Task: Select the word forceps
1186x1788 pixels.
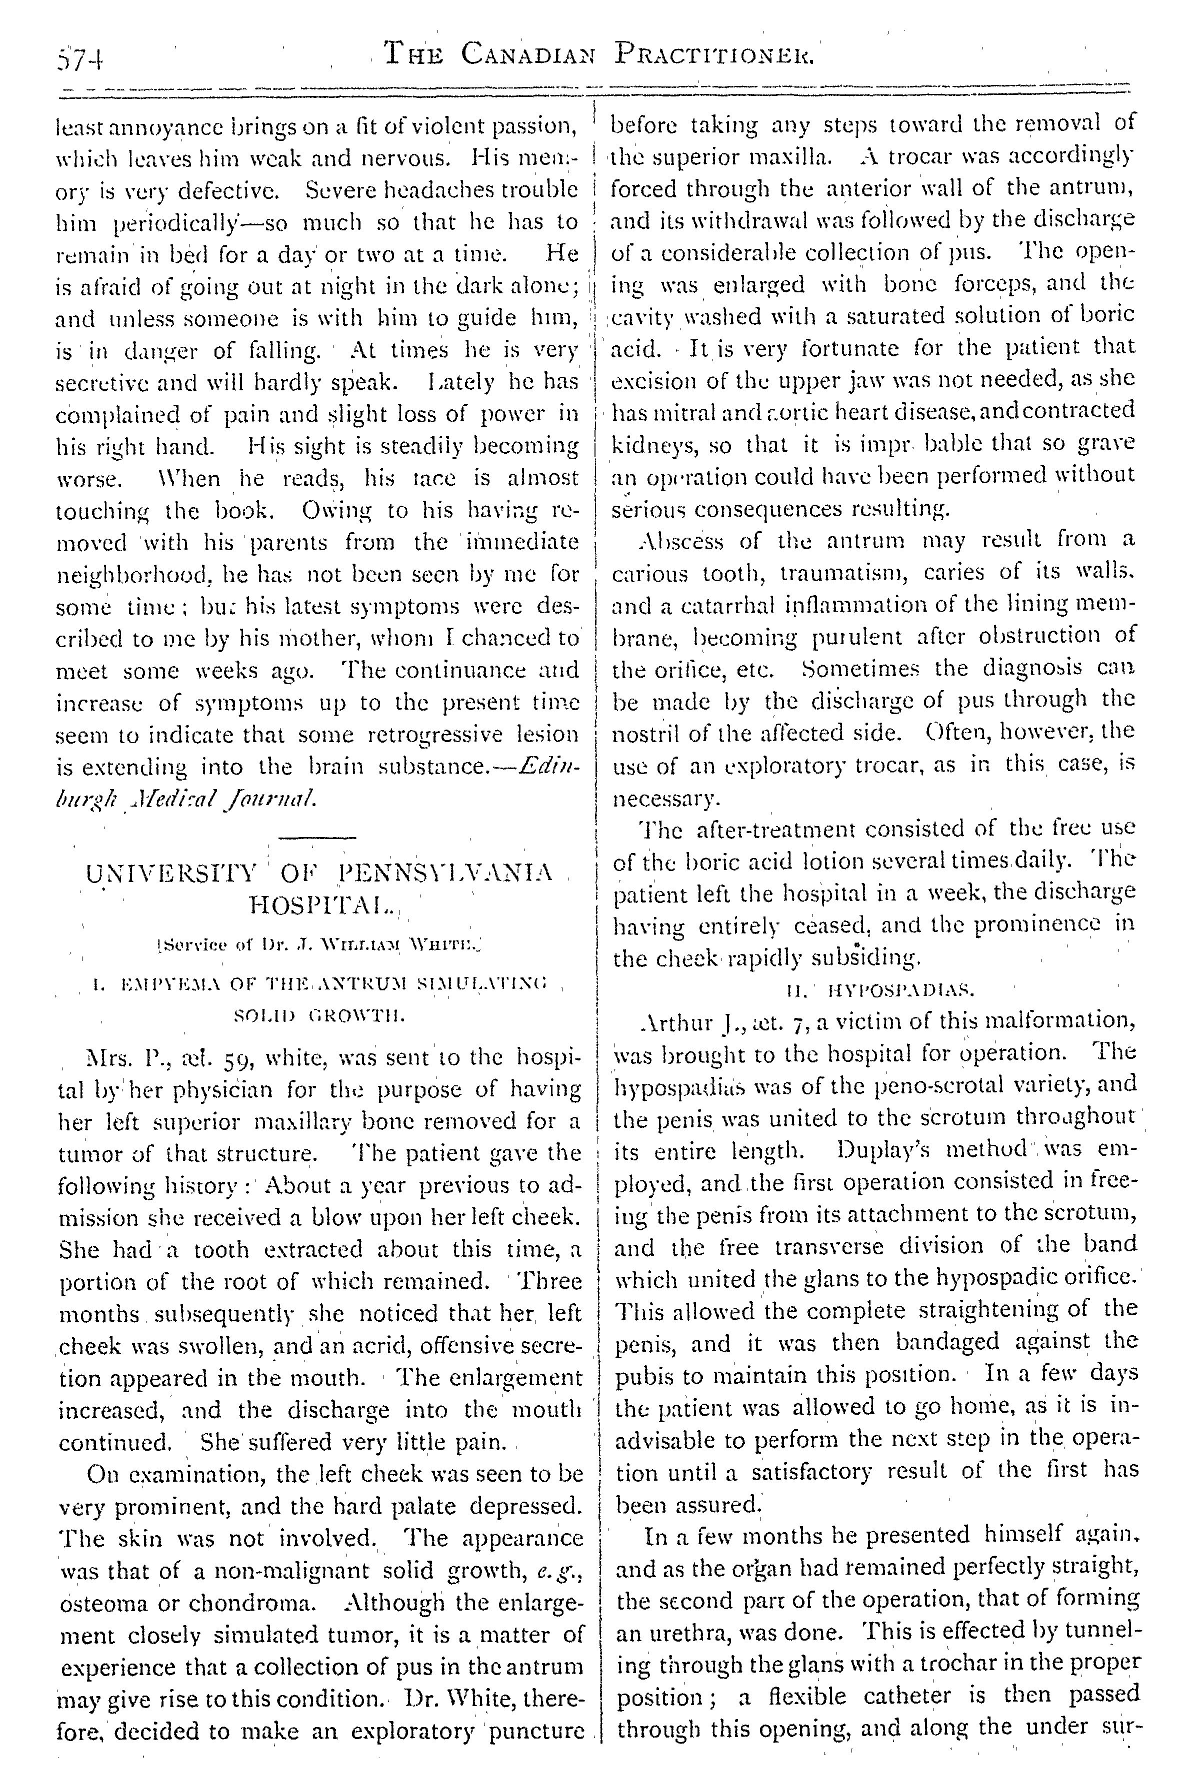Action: tap(992, 284)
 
